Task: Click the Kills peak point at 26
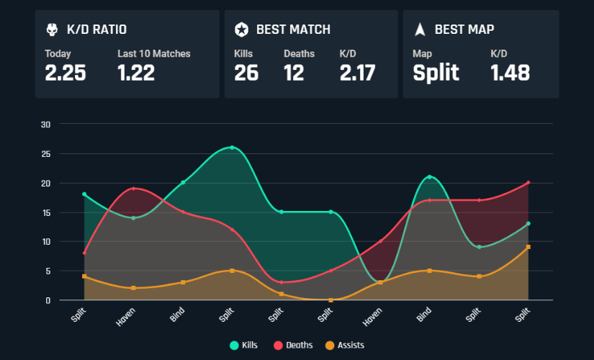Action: tap(232, 148)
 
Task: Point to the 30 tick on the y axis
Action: tap(45, 124)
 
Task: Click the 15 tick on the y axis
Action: tap(45, 212)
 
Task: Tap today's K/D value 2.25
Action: tap(66, 73)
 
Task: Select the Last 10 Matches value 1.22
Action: tap(136, 73)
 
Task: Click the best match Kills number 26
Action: tap(246, 73)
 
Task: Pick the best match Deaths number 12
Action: tap(294, 73)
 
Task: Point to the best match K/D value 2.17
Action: tap(357, 73)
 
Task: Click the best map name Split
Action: tap(436, 73)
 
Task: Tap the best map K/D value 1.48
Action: tap(510, 73)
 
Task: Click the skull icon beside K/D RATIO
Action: tap(52, 30)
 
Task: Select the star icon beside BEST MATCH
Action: tap(242, 30)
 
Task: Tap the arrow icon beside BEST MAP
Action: tap(420, 30)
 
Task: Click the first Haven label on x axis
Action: tap(125, 315)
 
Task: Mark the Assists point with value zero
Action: tap(330, 300)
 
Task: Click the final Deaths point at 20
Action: tap(528, 183)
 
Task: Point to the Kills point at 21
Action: tap(429, 177)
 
